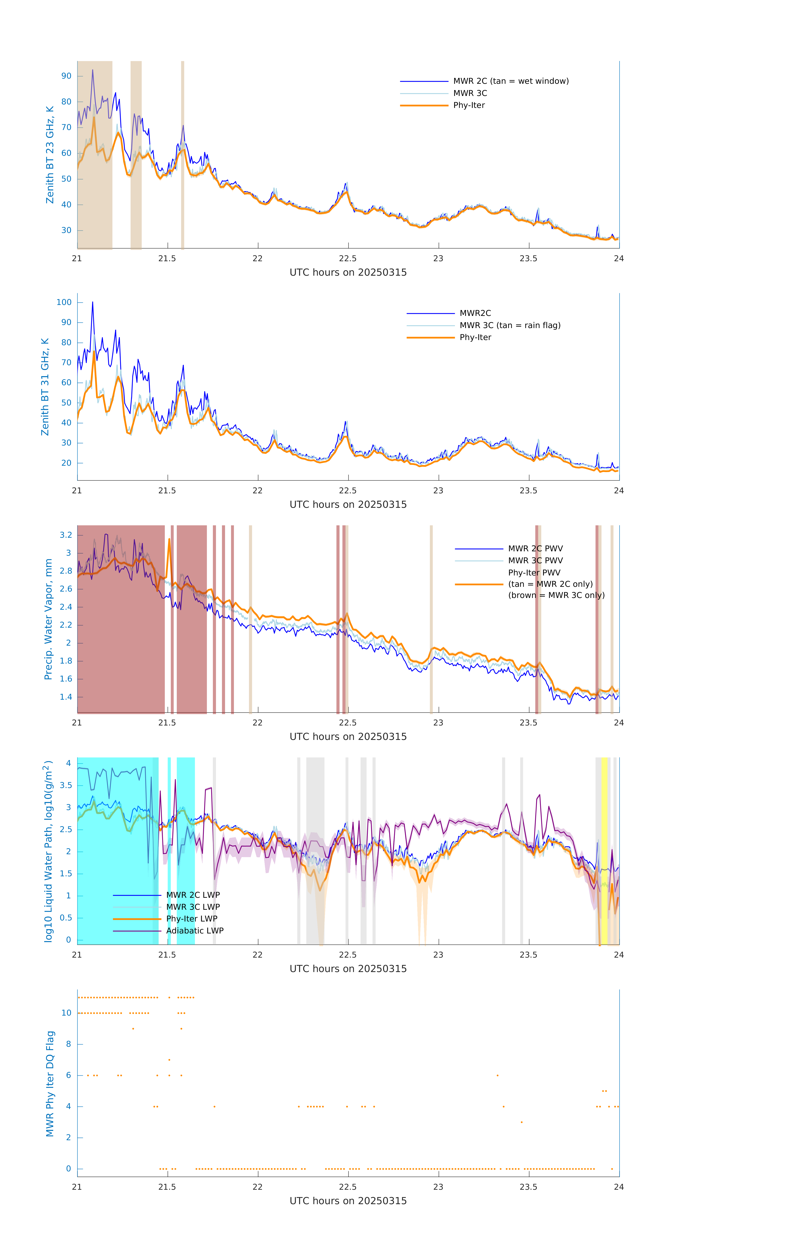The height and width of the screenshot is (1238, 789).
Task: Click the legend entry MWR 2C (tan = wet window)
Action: [510, 81]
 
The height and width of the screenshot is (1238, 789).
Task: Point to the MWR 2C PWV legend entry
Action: [535, 549]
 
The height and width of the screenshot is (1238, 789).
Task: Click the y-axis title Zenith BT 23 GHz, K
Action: [50, 155]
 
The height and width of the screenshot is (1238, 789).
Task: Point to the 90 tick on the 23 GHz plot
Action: [66, 76]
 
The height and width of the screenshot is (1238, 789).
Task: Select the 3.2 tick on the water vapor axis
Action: [66, 535]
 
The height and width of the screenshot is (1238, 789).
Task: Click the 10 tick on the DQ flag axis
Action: [66, 1013]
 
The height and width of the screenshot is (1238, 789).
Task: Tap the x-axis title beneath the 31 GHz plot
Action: [348, 504]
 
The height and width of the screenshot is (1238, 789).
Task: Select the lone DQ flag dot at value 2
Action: [522, 1122]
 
